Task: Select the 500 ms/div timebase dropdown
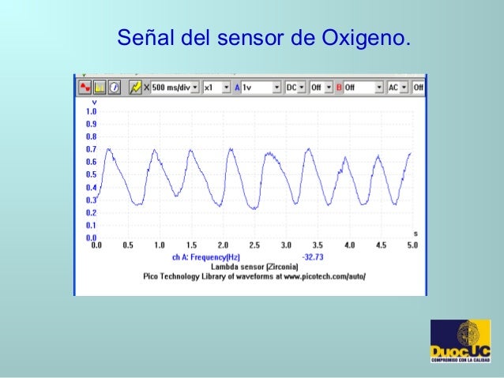coord(175,87)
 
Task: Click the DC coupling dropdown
coord(295,87)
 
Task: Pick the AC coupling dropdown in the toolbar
coord(397,87)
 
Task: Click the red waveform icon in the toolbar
coord(84,87)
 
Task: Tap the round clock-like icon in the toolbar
coord(115,87)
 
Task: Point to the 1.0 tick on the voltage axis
coord(91,111)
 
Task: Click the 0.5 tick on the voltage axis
coord(91,174)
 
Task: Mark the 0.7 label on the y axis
coord(91,149)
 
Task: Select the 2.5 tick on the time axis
coord(254,245)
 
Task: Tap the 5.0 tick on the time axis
coord(412,245)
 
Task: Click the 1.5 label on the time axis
coord(191,245)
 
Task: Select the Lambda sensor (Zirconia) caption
coord(248,267)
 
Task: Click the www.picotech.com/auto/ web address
coord(323,277)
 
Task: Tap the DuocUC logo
coord(460,341)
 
